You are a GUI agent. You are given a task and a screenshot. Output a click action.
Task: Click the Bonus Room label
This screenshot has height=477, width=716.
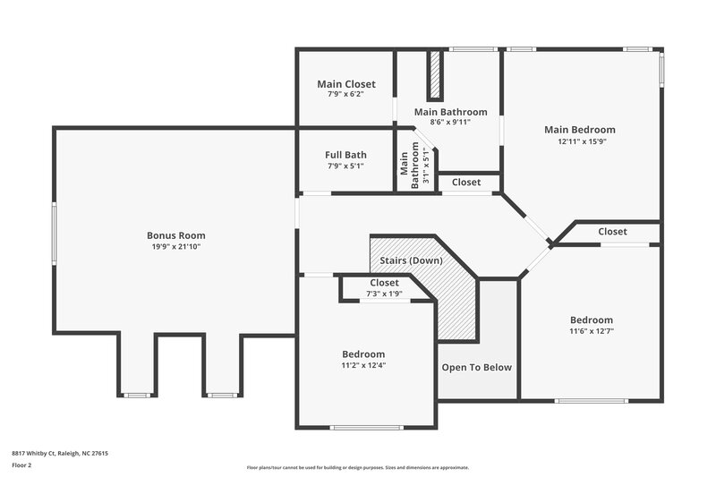coord(176,235)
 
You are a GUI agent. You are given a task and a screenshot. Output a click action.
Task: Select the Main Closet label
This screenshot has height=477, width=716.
coord(345,84)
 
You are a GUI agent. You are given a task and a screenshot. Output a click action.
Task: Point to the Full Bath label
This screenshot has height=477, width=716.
coord(345,155)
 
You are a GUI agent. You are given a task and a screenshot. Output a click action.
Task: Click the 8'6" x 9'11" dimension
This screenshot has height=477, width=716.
coord(450,123)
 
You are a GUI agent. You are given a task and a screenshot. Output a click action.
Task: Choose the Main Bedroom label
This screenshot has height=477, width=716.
coord(579,130)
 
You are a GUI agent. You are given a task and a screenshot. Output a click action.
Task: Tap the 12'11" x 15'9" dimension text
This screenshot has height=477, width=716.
coord(579,141)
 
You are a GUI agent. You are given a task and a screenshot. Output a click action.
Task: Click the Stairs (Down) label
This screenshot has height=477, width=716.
coord(411,260)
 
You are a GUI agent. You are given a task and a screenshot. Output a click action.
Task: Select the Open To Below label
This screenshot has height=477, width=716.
coord(477,367)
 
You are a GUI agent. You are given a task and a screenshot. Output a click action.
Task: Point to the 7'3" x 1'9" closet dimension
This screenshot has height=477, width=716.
coord(385,294)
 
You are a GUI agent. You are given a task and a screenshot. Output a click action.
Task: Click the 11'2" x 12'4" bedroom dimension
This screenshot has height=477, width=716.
coord(363,365)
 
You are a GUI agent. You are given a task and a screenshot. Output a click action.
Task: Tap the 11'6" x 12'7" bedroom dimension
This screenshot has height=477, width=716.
coord(592,331)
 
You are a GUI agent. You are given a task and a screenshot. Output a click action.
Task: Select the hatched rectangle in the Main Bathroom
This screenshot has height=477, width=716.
coord(436,76)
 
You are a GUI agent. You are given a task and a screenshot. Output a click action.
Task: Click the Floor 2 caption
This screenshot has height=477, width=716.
coord(21,465)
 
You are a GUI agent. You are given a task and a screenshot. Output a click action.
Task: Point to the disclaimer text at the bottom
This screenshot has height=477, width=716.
coord(357,467)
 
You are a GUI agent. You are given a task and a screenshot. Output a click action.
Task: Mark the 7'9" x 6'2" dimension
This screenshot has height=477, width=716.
coord(345,95)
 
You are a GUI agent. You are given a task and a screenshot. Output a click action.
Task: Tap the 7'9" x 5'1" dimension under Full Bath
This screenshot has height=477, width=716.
coord(345,166)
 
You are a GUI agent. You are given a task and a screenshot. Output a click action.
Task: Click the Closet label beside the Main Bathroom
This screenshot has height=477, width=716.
coord(466,182)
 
